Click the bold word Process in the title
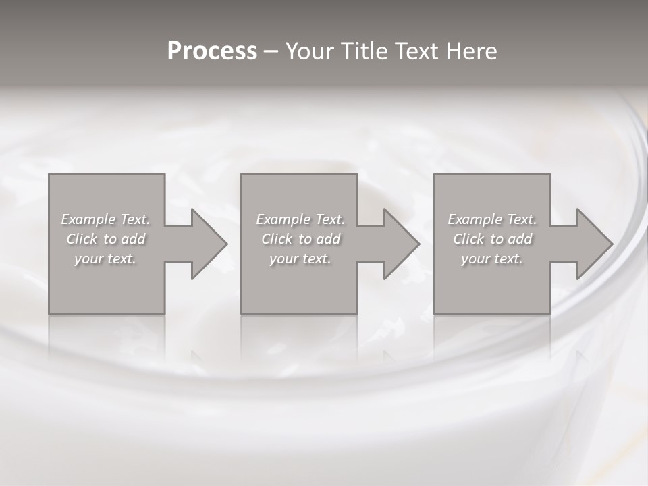[212, 51]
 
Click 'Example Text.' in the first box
[105, 219]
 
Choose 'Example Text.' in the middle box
[300, 219]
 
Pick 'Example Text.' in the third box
[492, 219]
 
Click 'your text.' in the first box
[105, 259]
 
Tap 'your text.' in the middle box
[300, 259]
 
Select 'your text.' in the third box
[492, 259]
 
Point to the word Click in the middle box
[277, 239]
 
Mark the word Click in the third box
[468, 239]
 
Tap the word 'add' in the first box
[133, 239]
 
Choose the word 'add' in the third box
[520, 239]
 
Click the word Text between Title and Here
[414, 51]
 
